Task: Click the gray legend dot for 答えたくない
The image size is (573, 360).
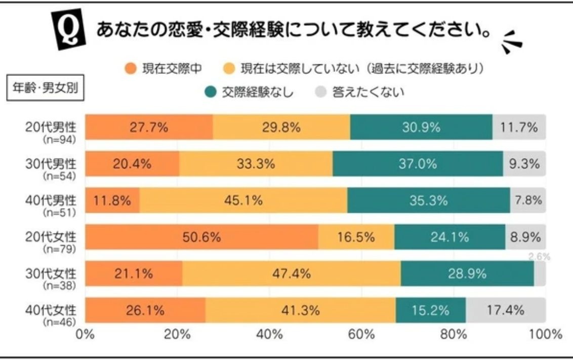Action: (320, 92)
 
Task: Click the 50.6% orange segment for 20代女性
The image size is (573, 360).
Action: (201, 237)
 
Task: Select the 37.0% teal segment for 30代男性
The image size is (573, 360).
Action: (418, 164)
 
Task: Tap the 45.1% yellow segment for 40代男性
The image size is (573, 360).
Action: (243, 201)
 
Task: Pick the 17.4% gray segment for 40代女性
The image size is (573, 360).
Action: (506, 310)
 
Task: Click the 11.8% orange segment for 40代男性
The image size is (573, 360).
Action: (112, 201)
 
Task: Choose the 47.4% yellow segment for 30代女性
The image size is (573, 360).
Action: (292, 274)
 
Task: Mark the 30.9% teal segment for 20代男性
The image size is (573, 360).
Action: (421, 128)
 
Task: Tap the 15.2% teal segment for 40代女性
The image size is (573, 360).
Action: (431, 310)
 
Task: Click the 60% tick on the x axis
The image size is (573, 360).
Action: (361, 334)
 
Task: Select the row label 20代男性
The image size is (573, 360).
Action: (50, 128)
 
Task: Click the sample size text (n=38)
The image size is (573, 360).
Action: (60, 285)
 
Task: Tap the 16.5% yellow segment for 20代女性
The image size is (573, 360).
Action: (356, 237)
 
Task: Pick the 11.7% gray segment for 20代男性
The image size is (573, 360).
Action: (519, 128)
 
